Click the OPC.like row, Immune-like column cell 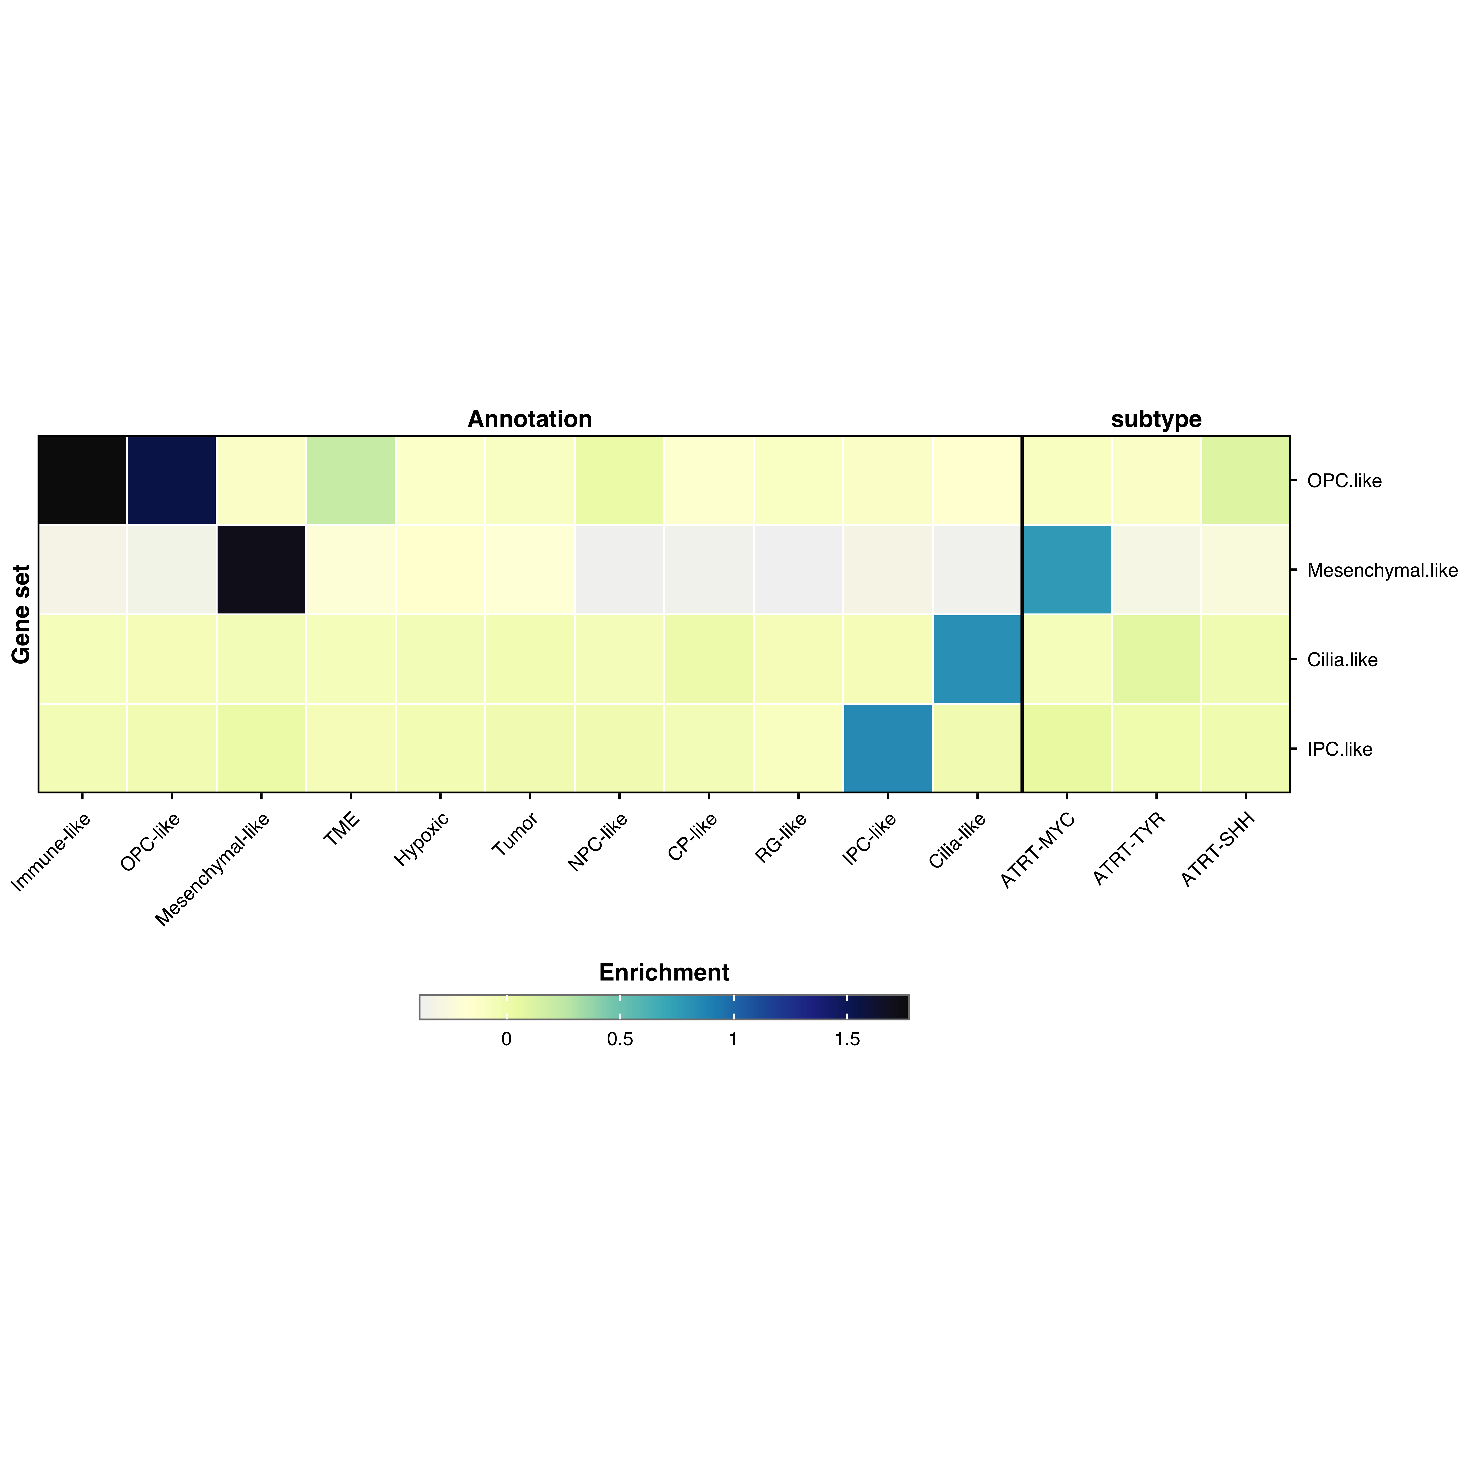pyautogui.click(x=82, y=480)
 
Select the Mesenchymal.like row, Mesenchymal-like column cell pyautogui.click(x=261, y=569)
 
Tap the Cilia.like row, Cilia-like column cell pyautogui.click(x=977, y=659)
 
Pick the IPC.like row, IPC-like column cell pyautogui.click(x=888, y=748)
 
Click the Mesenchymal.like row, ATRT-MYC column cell pyautogui.click(x=1067, y=569)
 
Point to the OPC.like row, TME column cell pyautogui.click(x=350, y=480)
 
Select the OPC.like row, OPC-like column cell pyautogui.click(x=172, y=480)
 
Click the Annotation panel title pyautogui.click(x=530, y=419)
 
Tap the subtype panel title pyautogui.click(x=1156, y=419)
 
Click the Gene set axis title pyautogui.click(x=21, y=614)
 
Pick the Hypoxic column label pyautogui.click(x=422, y=840)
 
